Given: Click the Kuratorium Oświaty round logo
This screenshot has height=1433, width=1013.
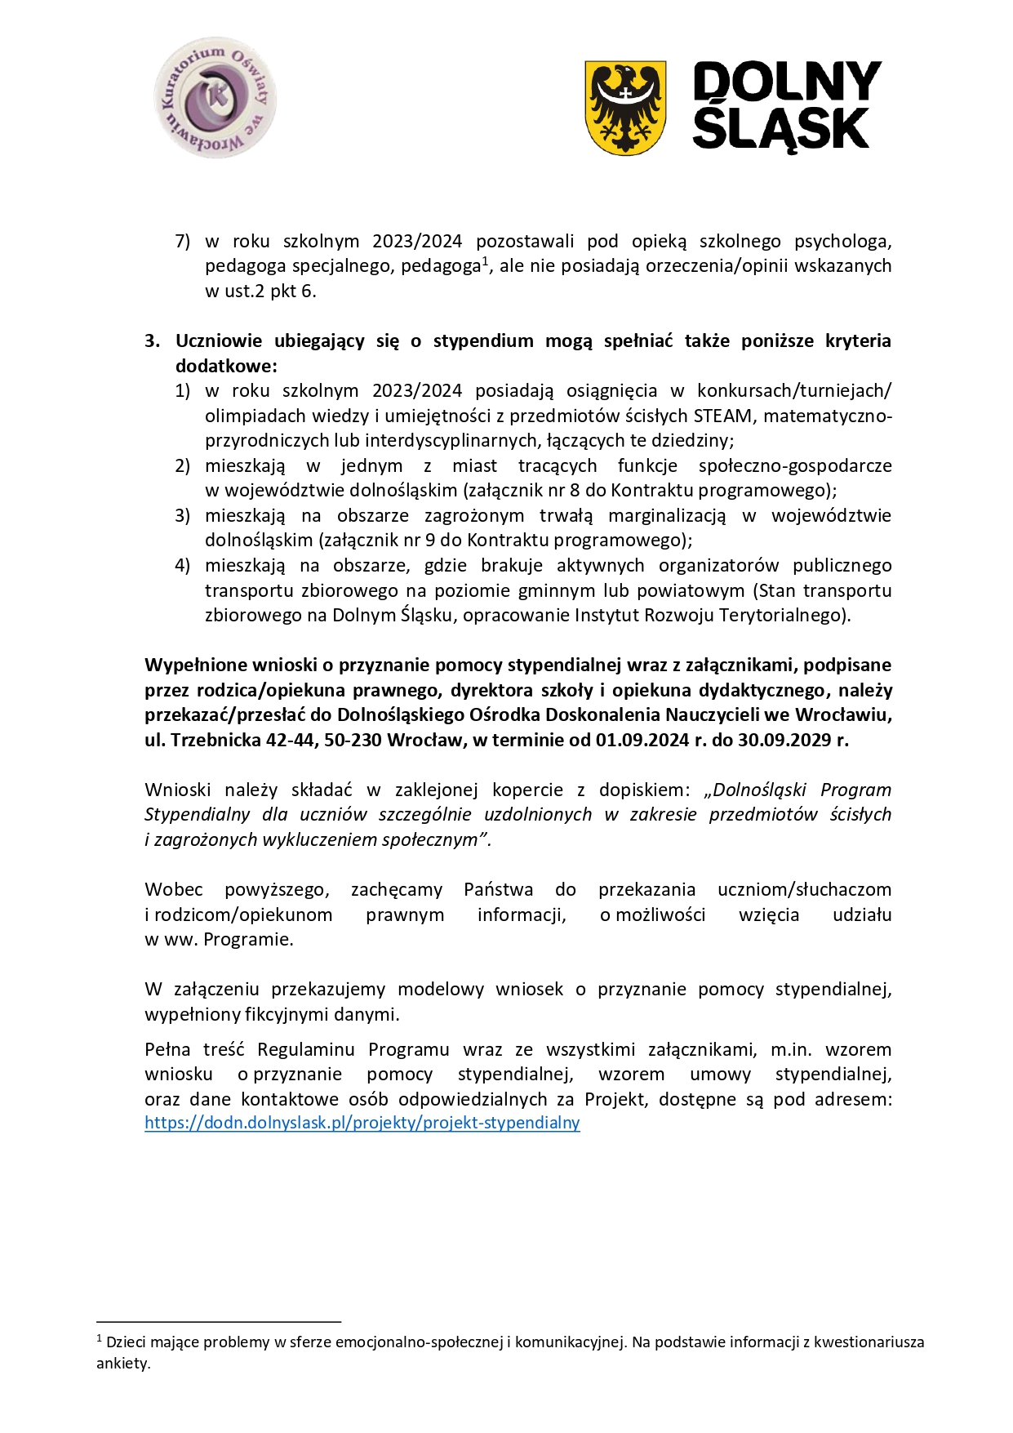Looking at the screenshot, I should tap(215, 97).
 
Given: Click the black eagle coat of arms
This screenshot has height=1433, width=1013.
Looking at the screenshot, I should tap(625, 107).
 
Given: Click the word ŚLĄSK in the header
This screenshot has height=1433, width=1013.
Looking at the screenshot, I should tap(780, 129).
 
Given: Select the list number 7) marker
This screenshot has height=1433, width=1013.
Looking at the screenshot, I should tap(183, 242).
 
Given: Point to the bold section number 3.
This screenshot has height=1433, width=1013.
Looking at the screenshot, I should tap(152, 341).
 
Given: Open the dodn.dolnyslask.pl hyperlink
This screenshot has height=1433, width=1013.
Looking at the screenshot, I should tap(362, 1124).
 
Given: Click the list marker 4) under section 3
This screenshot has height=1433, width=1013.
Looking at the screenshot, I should tap(183, 566).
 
